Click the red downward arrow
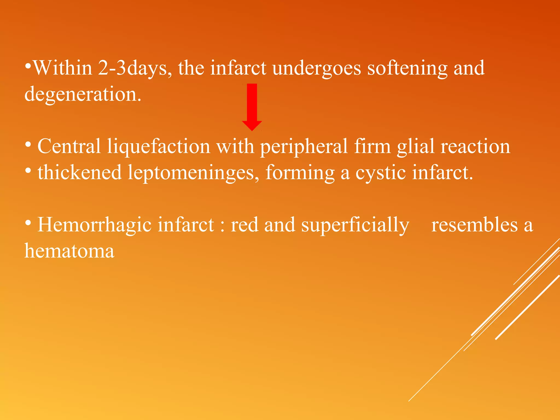(x=252, y=107)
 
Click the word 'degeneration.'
(x=83, y=95)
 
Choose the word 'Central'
(x=69, y=146)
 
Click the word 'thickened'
(x=80, y=173)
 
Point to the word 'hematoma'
(x=69, y=251)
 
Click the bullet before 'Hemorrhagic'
(x=28, y=223)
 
